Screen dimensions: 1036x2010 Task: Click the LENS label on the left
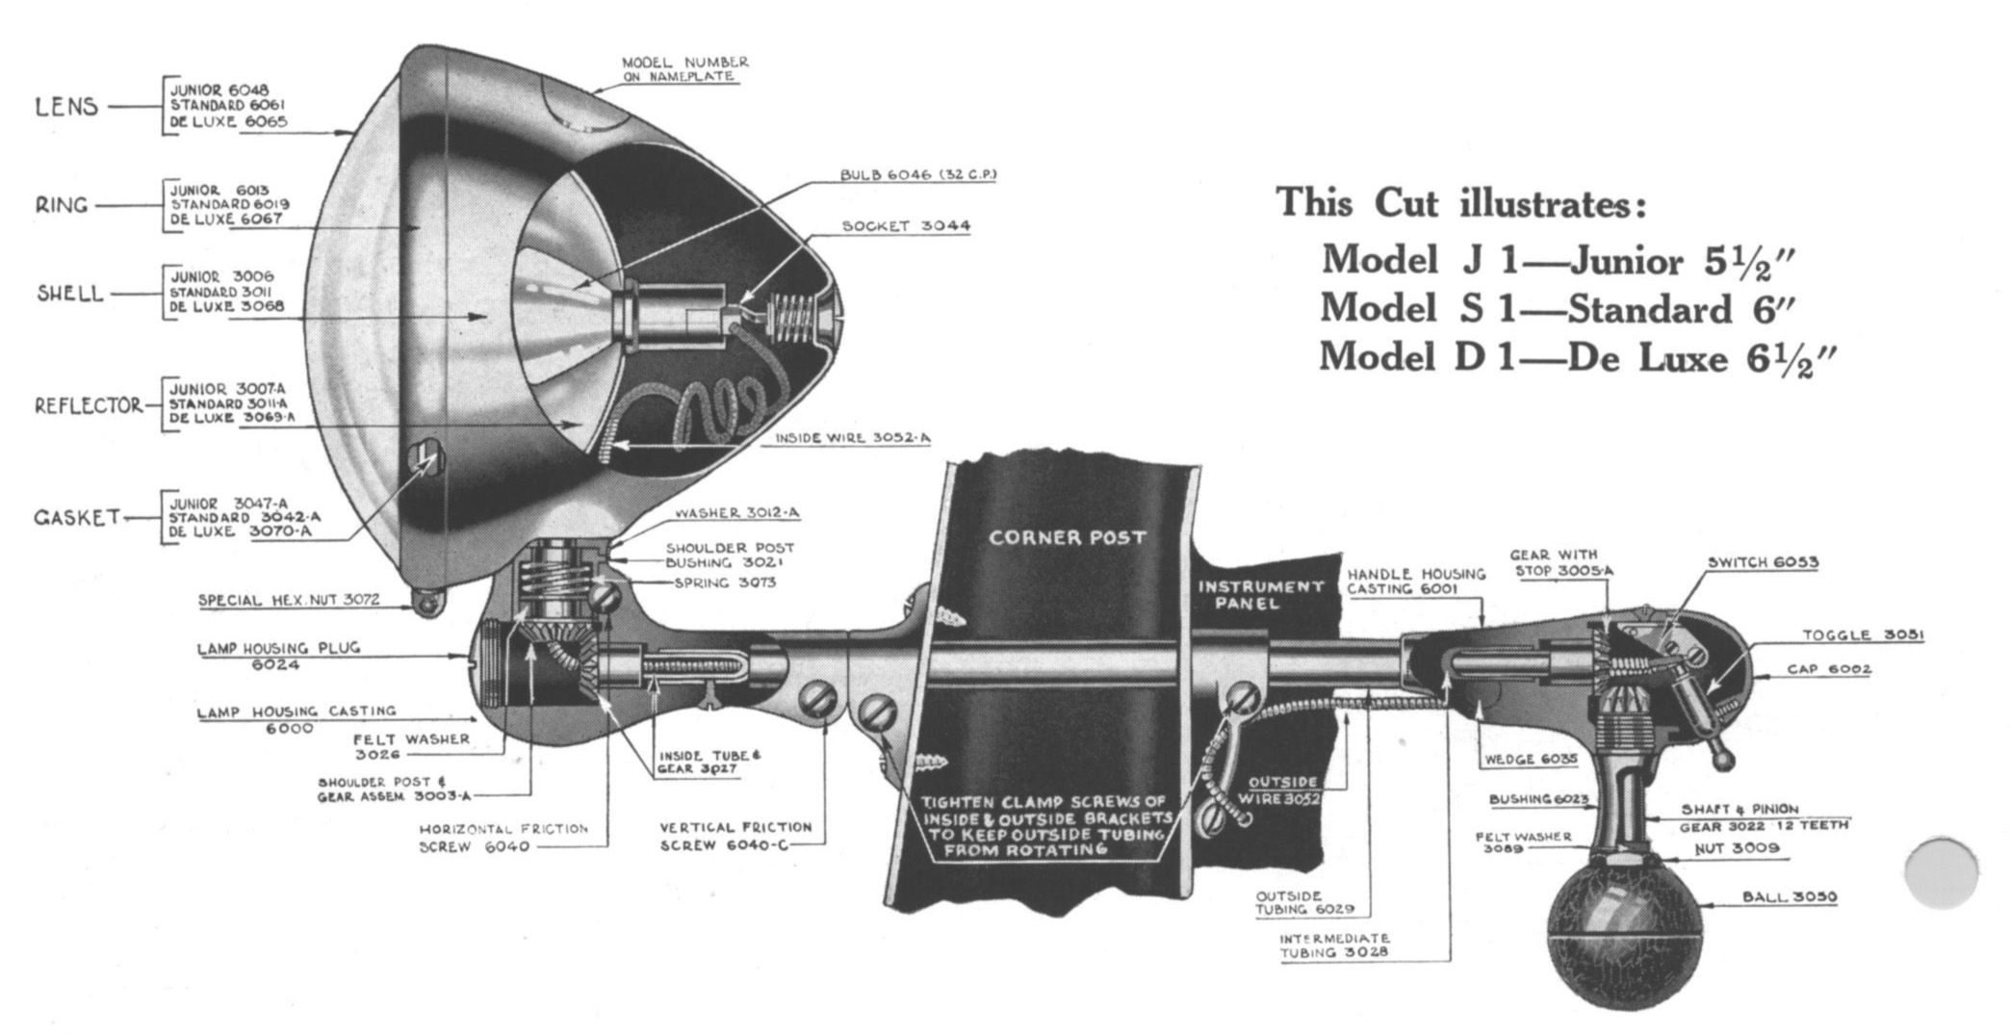point(66,106)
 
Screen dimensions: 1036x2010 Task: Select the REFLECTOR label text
point(89,405)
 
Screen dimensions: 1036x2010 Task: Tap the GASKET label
point(77,518)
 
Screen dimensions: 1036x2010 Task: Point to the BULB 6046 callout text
point(917,175)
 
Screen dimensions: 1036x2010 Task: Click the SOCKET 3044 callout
point(906,226)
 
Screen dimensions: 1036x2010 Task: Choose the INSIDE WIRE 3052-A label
point(853,438)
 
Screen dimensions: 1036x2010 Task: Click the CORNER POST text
point(1067,537)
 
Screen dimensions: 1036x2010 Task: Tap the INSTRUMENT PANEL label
point(1260,594)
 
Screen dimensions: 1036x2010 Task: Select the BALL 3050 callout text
point(1789,897)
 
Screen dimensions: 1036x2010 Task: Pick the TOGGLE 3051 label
point(1863,635)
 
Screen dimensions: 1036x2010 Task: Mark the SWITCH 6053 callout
point(1763,562)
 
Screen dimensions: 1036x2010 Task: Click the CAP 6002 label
point(1828,669)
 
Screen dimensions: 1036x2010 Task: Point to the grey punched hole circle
point(1941,872)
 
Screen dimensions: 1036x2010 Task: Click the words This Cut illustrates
point(1460,204)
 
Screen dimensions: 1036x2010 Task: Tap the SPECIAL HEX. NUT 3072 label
point(289,601)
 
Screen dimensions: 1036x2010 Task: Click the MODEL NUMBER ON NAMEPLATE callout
point(684,68)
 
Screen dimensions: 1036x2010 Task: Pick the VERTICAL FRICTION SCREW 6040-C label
point(735,836)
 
